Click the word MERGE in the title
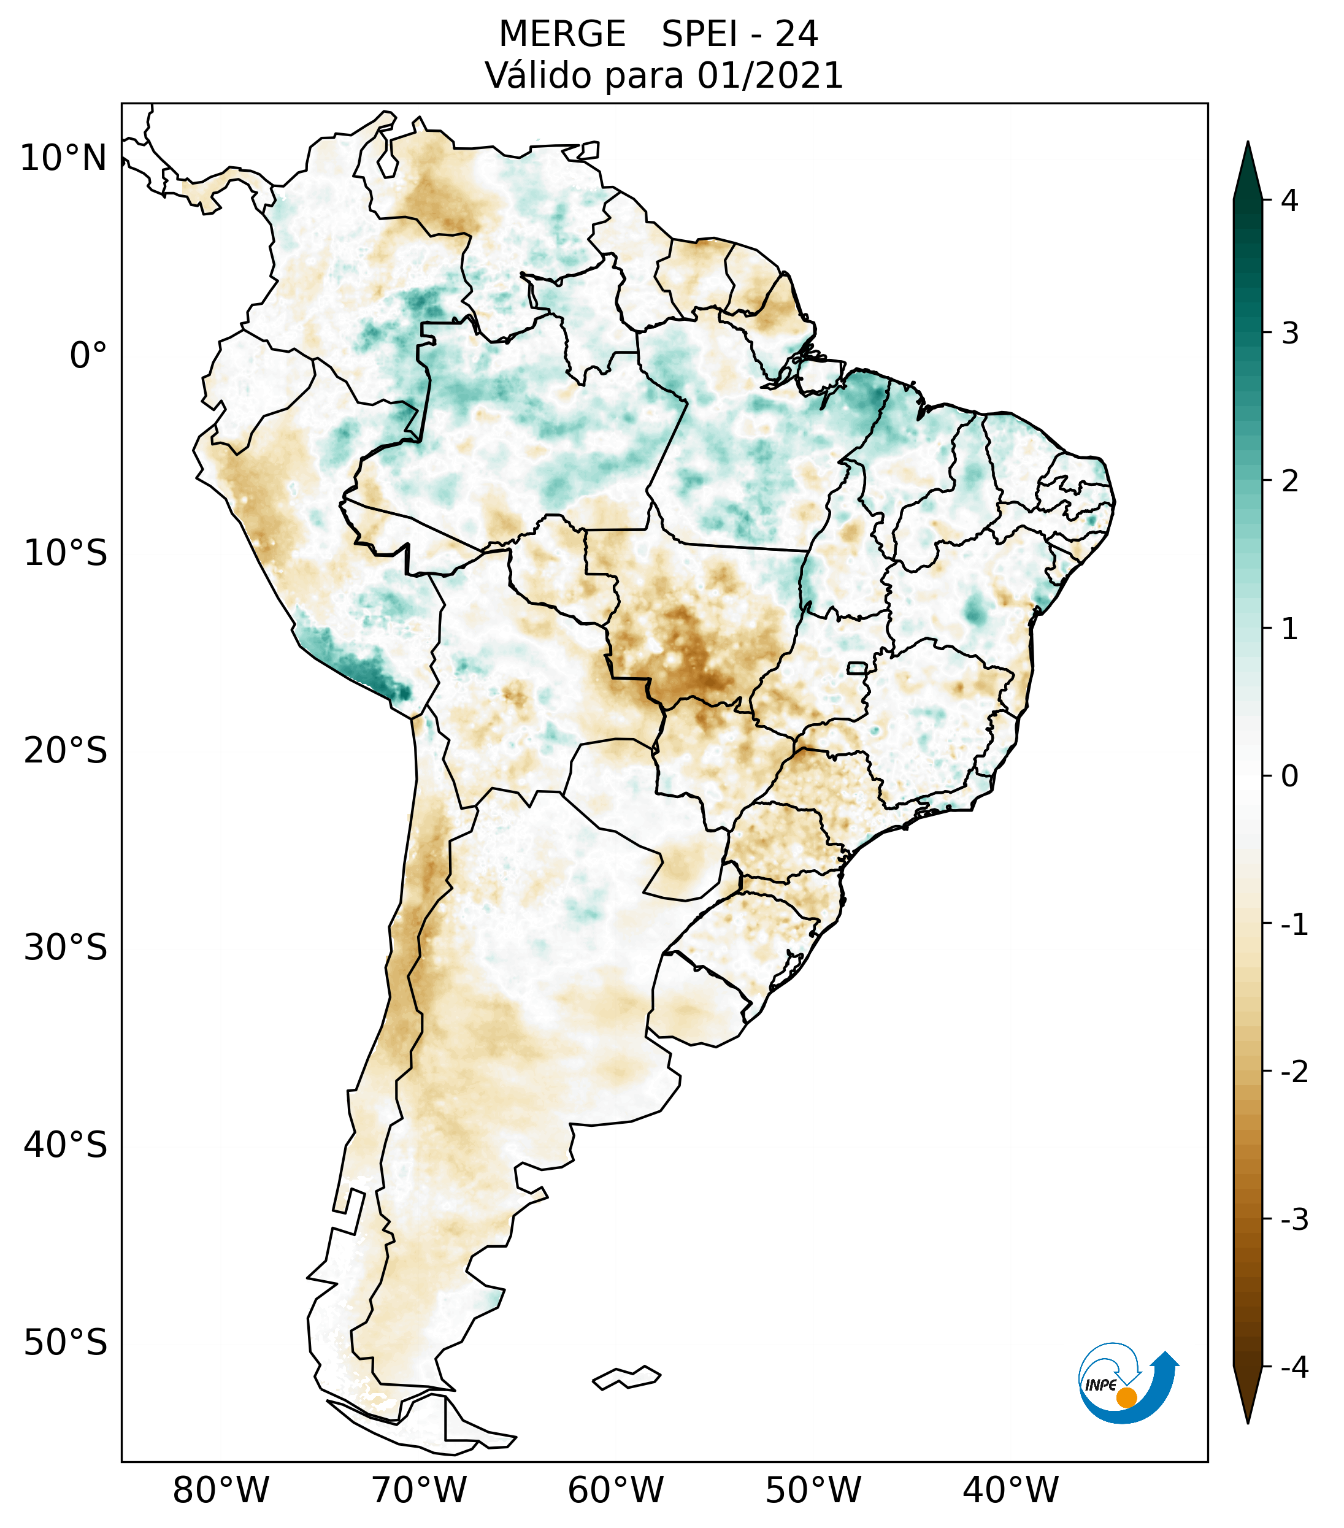click(561, 34)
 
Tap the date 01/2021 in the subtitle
click(770, 75)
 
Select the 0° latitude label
click(88, 355)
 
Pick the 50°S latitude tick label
click(66, 1342)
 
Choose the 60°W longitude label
click(615, 1490)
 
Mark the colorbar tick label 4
click(1289, 201)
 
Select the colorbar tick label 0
click(1289, 776)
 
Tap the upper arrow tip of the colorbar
click(1247, 144)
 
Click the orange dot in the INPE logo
click(1126, 1397)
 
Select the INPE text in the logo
click(1100, 1385)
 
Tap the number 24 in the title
click(796, 34)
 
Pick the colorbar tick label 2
click(1289, 481)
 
